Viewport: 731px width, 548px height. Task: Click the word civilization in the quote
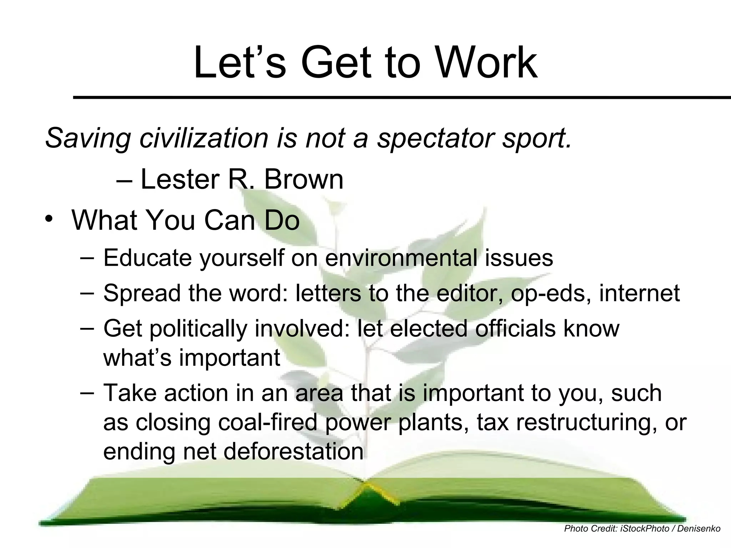tap(204, 138)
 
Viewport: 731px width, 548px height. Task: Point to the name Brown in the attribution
tap(303, 179)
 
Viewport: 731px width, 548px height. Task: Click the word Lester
tap(180, 179)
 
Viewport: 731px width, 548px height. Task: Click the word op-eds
tap(550, 294)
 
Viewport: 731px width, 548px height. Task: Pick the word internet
tap(639, 293)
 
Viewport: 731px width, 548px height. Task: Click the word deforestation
tap(293, 452)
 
